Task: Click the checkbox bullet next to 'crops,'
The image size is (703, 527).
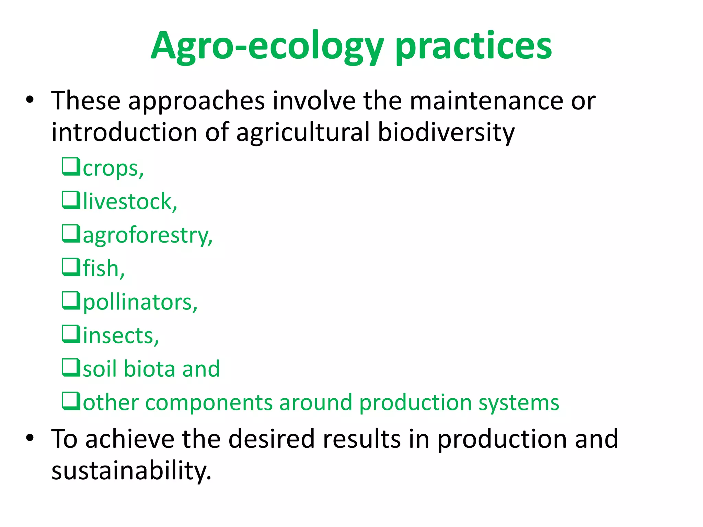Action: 71,166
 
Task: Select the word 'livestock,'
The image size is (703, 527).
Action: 130,201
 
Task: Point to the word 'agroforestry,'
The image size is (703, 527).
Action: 148,235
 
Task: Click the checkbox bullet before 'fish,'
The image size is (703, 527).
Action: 71,267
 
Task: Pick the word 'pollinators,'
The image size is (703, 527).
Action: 140,302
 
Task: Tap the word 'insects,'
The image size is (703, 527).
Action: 121,335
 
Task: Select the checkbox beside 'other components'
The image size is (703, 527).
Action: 71,401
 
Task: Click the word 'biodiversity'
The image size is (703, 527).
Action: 446,132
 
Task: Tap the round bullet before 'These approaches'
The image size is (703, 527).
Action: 30,100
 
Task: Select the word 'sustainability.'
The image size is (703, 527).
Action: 131,470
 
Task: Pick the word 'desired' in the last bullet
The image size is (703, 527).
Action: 271,439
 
